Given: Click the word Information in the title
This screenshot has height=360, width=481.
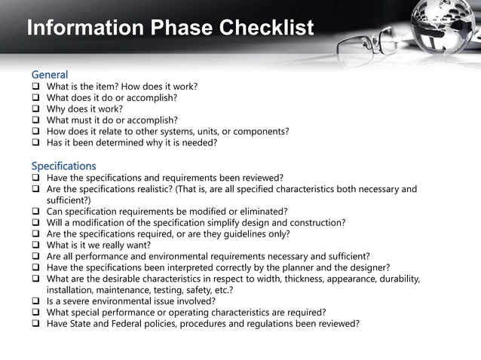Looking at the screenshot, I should tap(83, 29).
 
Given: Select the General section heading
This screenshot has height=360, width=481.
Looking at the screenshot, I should tap(49, 75).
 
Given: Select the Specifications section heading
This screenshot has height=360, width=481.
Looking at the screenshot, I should tap(63, 165).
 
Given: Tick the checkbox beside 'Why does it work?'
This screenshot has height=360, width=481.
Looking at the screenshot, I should tap(35, 108).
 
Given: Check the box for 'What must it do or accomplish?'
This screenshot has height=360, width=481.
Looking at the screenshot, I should tap(35, 120).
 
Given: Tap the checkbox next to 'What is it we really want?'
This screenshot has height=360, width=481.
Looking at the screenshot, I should tap(35, 245).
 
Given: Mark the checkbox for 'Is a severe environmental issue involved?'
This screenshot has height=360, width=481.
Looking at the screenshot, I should tap(35, 301).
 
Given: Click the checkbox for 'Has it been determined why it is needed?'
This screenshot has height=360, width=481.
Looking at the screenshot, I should tap(35, 142).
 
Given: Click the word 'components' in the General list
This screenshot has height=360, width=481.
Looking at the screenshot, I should tap(260, 131).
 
